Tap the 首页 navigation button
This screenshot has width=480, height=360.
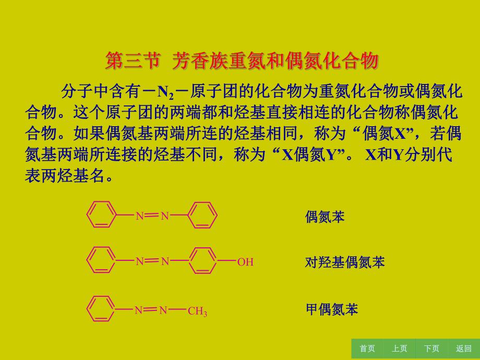(367, 349)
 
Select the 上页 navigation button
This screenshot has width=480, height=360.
(400, 349)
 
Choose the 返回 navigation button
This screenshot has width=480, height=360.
(463, 349)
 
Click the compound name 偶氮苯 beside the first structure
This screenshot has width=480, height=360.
(325, 217)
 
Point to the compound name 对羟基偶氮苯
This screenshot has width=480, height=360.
(344, 262)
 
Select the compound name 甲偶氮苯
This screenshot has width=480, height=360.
(331, 309)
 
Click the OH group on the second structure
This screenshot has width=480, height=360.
(245, 262)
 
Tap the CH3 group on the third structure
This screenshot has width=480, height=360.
(197, 312)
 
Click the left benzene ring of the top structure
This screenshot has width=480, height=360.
(101, 215)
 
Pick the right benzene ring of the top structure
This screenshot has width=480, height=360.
(202, 215)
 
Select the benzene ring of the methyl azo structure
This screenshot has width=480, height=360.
(101, 310)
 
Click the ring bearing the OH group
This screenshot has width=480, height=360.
(202, 260)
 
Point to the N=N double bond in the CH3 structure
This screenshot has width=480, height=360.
(151, 310)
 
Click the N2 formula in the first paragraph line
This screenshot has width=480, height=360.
(165, 93)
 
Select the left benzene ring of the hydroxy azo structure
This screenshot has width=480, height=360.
(101, 260)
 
